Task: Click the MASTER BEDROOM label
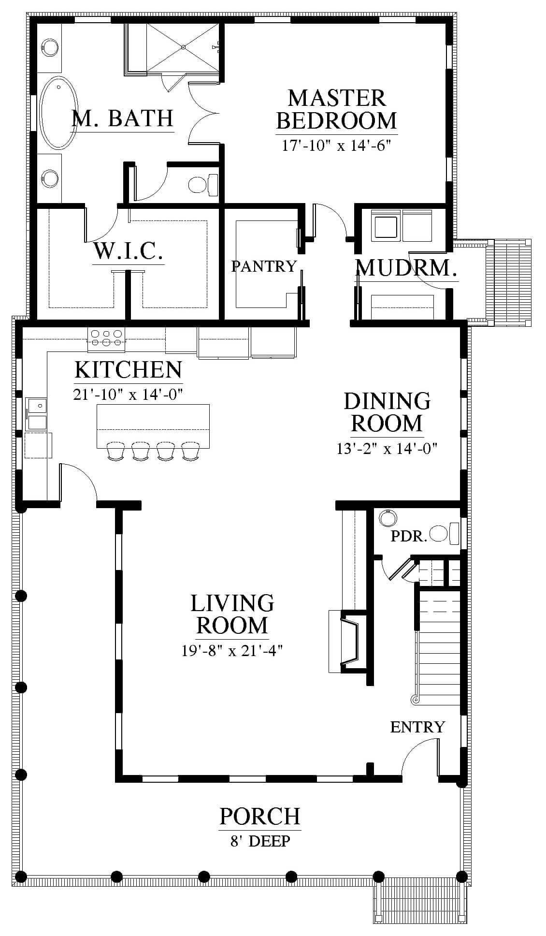(337, 109)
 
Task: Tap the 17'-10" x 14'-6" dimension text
(336, 146)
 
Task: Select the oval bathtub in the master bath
(58, 112)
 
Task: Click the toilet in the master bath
(202, 184)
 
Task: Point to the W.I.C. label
(128, 251)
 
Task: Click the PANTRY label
(263, 266)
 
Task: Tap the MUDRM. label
(406, 268)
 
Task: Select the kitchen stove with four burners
(106, 337)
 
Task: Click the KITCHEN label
(129, 370)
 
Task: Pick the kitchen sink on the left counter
(37, 413)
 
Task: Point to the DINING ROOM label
(387, 412)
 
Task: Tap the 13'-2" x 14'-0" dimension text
(387, 449)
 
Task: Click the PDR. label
(409, 536)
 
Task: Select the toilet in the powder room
(444, 534)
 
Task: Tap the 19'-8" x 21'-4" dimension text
(232, 651)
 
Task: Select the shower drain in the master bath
(183, 47)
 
